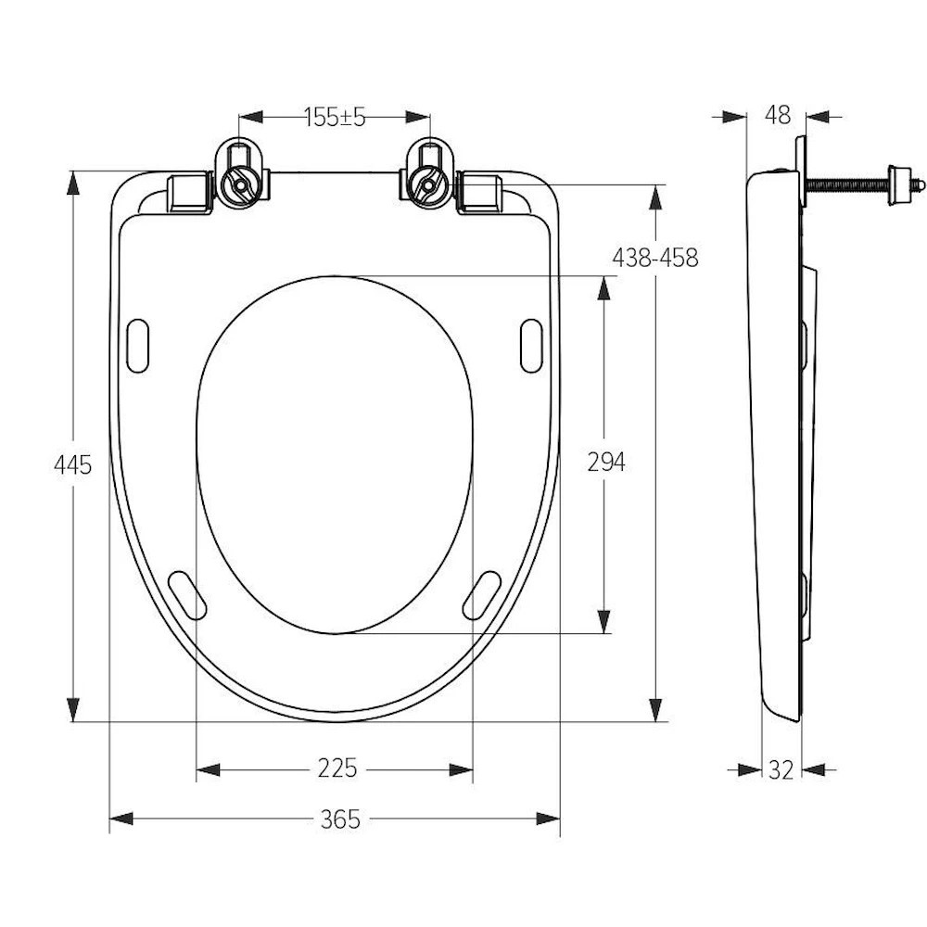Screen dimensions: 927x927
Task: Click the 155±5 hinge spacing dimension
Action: (336, 117)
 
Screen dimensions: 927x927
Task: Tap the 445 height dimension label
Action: (72, 465)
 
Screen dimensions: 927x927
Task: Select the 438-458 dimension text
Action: (655, 258)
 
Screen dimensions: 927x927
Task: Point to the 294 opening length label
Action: (606, 462)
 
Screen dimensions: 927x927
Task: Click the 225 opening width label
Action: (337, 768)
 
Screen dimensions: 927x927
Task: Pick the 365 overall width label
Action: (340, 819)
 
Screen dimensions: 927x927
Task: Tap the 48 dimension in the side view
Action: (778, 115)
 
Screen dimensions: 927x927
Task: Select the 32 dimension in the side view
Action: (781, 769)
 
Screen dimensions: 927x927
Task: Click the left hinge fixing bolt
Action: (239, 184)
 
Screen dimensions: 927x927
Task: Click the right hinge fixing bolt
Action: (426, 184)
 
